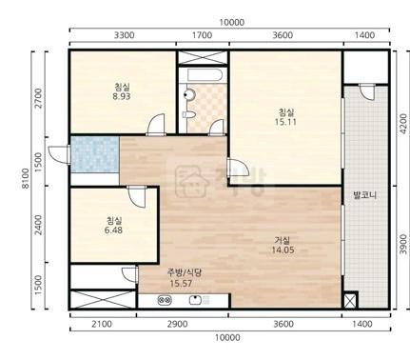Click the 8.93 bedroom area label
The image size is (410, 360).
coord(122,96)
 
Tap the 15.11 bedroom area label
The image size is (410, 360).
coord(285,122)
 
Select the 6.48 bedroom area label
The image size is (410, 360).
coord(113,230)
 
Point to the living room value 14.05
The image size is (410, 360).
coord(283,250)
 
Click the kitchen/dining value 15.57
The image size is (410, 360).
coord(181,284)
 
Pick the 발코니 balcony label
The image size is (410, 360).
coord(365,195)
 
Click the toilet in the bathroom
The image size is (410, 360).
coord(188,114)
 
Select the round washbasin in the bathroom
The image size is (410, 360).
coord(189,94)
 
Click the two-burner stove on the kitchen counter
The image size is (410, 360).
coord(165,300)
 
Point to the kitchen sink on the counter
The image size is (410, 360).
coord(195,300)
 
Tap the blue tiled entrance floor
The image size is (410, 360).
coord(95,154)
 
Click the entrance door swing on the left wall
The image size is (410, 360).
coord(59,154)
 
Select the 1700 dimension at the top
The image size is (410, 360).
coord(203,35)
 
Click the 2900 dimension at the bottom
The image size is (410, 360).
coord(177,324)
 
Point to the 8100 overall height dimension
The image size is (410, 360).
coord(26,178)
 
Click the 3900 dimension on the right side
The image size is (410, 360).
coord(402,244)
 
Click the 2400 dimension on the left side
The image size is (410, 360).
coord(38,225)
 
